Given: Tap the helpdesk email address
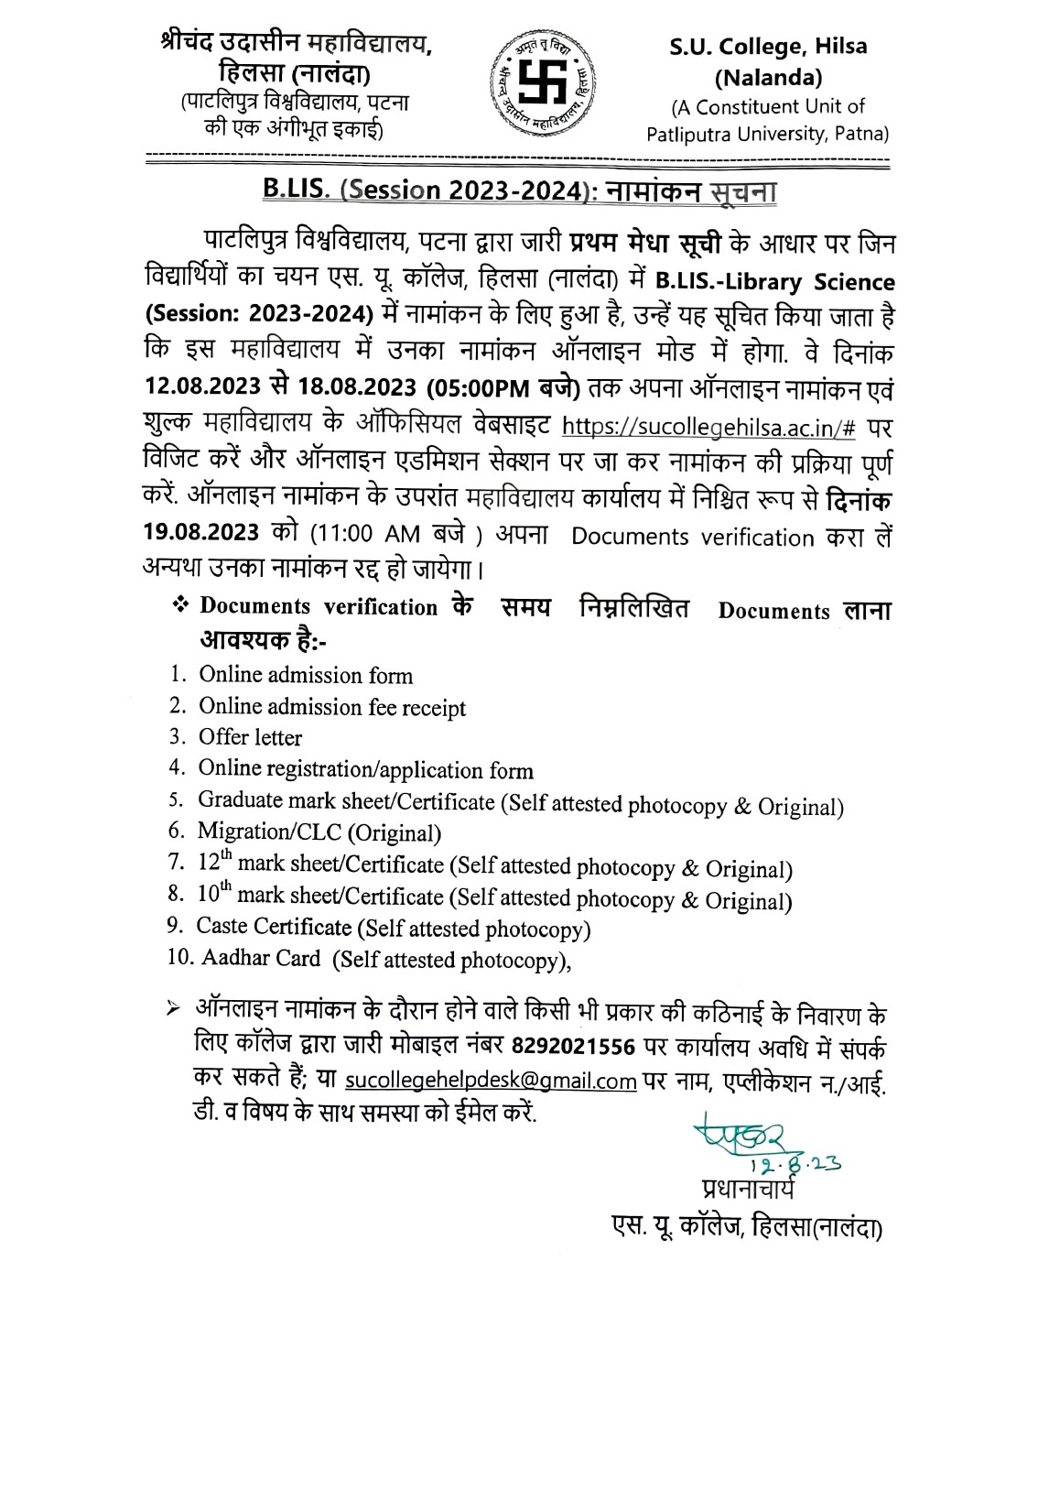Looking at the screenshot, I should point(491,1081).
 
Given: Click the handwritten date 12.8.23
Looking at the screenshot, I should point(794,1164).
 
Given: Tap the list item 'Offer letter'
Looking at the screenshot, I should point(250,738).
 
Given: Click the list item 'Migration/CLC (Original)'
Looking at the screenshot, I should point(319,832).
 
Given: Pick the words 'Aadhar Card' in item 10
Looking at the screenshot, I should point(260,959).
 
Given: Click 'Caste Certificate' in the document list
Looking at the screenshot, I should point(274,927).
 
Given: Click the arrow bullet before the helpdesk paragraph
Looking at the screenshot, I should point(173,1008).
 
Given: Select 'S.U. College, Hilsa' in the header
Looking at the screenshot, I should point(767,46).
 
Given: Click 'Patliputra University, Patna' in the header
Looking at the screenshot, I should point(768,135).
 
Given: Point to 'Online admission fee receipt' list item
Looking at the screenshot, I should point(332,707).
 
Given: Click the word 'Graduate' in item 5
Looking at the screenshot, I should point(240,800).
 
